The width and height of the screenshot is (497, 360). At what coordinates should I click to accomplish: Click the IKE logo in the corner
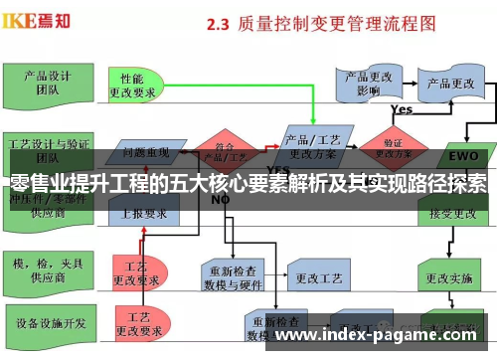click(x=37, y=19)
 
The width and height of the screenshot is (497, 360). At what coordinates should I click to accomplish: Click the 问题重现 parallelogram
click(x=145, y=152)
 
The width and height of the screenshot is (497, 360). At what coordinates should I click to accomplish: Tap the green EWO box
click(x=463, y=156)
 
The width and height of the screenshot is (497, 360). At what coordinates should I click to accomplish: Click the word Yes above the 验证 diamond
click(x=402, y=109)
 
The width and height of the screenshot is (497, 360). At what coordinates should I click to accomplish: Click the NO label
click(x=221, y=199)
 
